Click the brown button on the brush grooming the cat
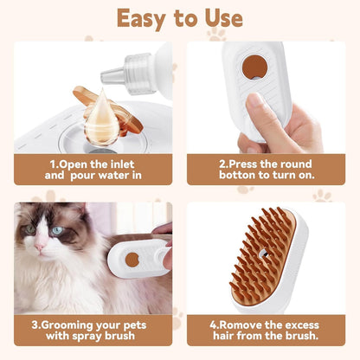click(131, 259)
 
